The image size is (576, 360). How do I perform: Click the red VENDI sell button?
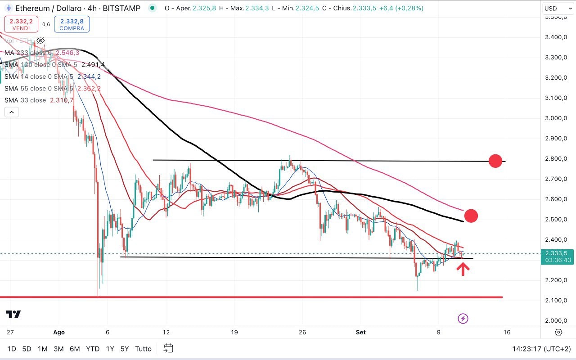[21, 24]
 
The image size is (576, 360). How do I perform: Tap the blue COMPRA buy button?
[72, 24]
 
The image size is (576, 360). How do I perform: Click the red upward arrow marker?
[463, 269]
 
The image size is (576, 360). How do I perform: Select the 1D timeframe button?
[12, 349]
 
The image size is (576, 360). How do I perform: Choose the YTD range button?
[93, 349]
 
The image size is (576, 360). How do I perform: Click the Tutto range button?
[143, 349]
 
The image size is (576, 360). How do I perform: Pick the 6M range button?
[75, 349]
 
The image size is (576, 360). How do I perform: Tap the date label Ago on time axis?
[59, 333]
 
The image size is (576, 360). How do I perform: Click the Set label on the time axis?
[361, 333]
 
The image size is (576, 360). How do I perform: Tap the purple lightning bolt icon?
[463, 319]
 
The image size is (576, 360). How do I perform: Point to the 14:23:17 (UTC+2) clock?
[541, 349]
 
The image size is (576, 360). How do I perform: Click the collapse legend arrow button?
[12, 112]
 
